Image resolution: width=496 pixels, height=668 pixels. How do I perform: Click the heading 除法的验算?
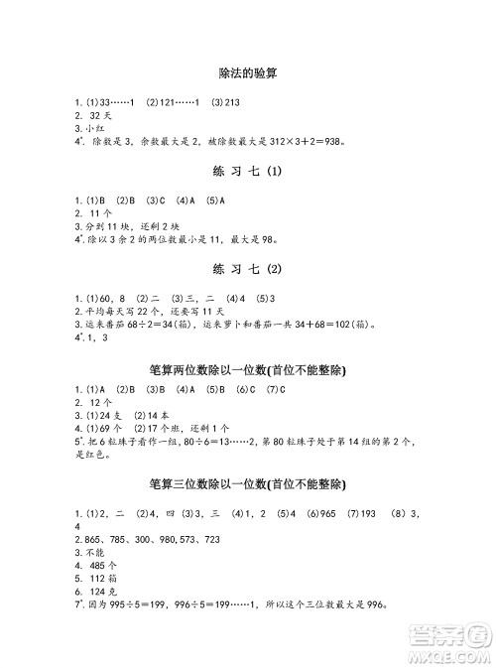247,72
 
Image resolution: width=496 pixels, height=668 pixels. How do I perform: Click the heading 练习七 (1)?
247,172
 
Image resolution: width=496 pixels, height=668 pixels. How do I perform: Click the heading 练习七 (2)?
247,270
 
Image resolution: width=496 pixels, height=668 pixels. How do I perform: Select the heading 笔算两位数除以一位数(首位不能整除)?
247,369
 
